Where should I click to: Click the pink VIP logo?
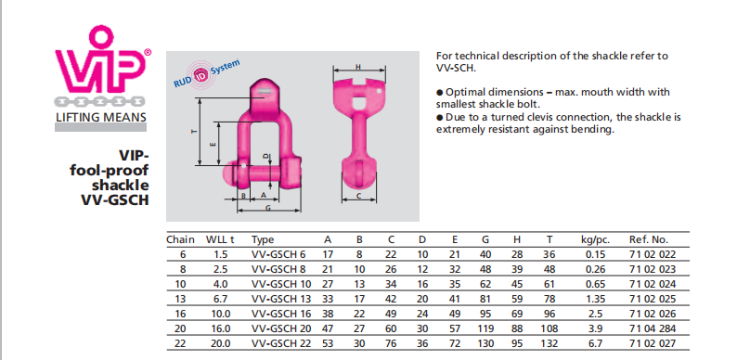click(101, 60)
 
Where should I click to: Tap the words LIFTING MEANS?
click(101, 117)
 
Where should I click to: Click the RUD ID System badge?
click(206, 74)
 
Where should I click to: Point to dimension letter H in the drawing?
click(358, 67)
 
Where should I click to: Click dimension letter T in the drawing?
click(193, 132)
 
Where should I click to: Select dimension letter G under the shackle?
click(268, 208)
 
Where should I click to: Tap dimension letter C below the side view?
click(358, 196)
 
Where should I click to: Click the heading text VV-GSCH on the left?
click(115, 199)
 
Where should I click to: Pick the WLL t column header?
click(220, 239)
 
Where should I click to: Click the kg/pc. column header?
click(596, 240)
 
